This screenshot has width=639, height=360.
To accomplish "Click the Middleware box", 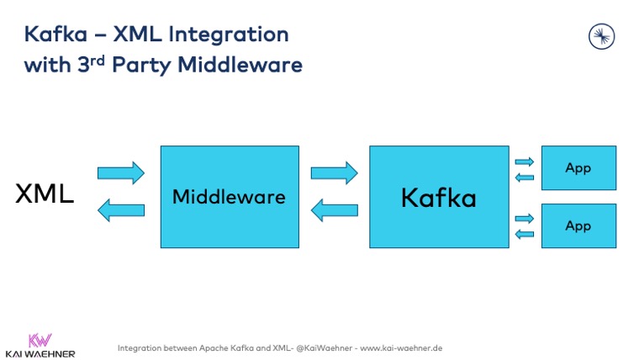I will pos(230,197).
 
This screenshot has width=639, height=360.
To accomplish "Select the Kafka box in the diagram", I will pos(439,197).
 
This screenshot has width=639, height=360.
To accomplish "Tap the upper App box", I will pos(578,167).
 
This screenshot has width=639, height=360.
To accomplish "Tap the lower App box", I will pos(578,225).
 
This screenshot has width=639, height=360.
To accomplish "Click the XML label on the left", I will pos(45,194).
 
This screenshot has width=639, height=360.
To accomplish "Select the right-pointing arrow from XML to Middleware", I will pos(121,173).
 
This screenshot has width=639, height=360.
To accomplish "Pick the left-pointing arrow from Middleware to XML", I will pos(121,210).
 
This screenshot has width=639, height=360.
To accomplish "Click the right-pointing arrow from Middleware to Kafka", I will pos(335,173).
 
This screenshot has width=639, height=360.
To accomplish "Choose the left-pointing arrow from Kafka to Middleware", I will pos(335,210).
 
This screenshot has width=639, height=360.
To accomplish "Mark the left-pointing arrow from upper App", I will pos(524,177).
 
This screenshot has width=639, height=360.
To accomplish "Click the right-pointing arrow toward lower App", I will pos(524,219).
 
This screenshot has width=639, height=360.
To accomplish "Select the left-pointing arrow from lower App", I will pos(524,234).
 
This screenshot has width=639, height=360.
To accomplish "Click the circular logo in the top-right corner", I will pos(601,36).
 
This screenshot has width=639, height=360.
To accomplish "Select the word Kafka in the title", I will pos(54,34).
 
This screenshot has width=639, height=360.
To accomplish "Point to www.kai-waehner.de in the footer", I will pos(401,347).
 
